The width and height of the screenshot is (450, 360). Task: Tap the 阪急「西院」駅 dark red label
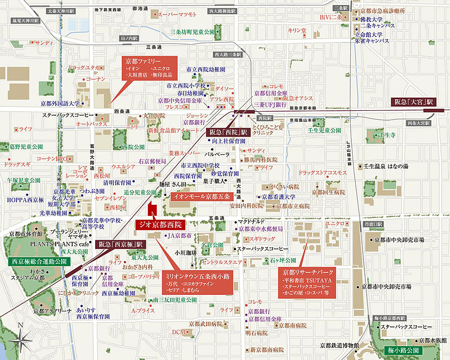coord(228,133)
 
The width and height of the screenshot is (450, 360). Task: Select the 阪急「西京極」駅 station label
coord(120,244)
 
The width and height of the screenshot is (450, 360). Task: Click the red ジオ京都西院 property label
coord(161,224)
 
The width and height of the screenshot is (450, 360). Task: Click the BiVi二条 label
coord(330,17)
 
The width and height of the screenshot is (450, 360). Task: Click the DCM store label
coord(179,331)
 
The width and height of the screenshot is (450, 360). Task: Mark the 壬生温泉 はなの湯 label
coord(389,166)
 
